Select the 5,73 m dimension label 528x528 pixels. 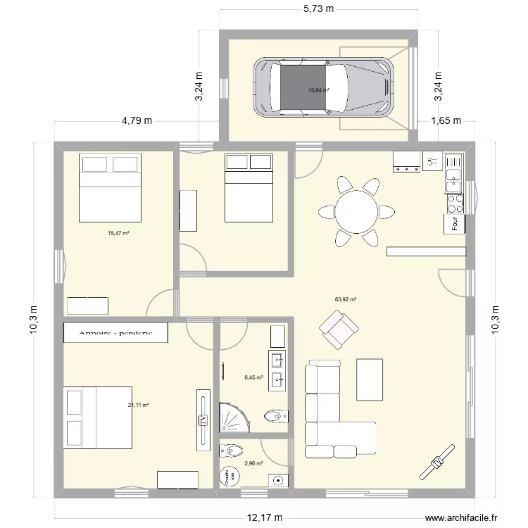pyautogui.click(x=318, y=8)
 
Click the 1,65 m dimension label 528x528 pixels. pyautogui.click(x=445, y=120)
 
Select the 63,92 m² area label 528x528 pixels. pyautogui.click(x=346, y=299)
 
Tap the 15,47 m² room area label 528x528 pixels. pyautogui.click(x=118, y=233)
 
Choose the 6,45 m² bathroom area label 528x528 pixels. pyautogui.click(x=253, y=377)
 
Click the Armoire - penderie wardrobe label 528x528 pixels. pyautogui.click(x=115, y=332)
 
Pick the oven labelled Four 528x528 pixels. pyautogui.click(x=455, y=225)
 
